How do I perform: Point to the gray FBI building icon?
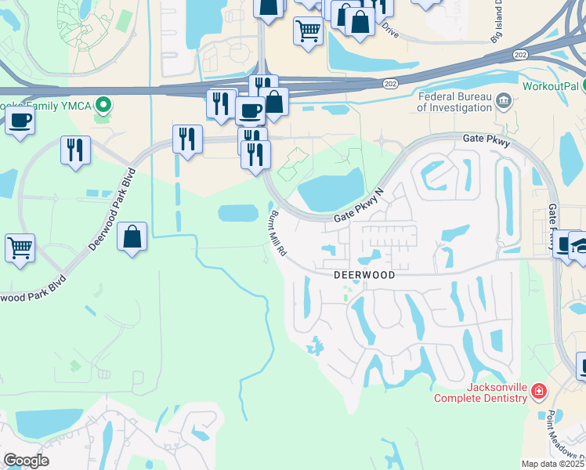504,100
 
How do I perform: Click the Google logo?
26,460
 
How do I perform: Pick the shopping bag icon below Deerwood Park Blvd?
132,235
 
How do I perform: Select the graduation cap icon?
581,245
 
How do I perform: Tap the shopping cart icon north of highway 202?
309,31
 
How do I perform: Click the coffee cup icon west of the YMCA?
19,121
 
